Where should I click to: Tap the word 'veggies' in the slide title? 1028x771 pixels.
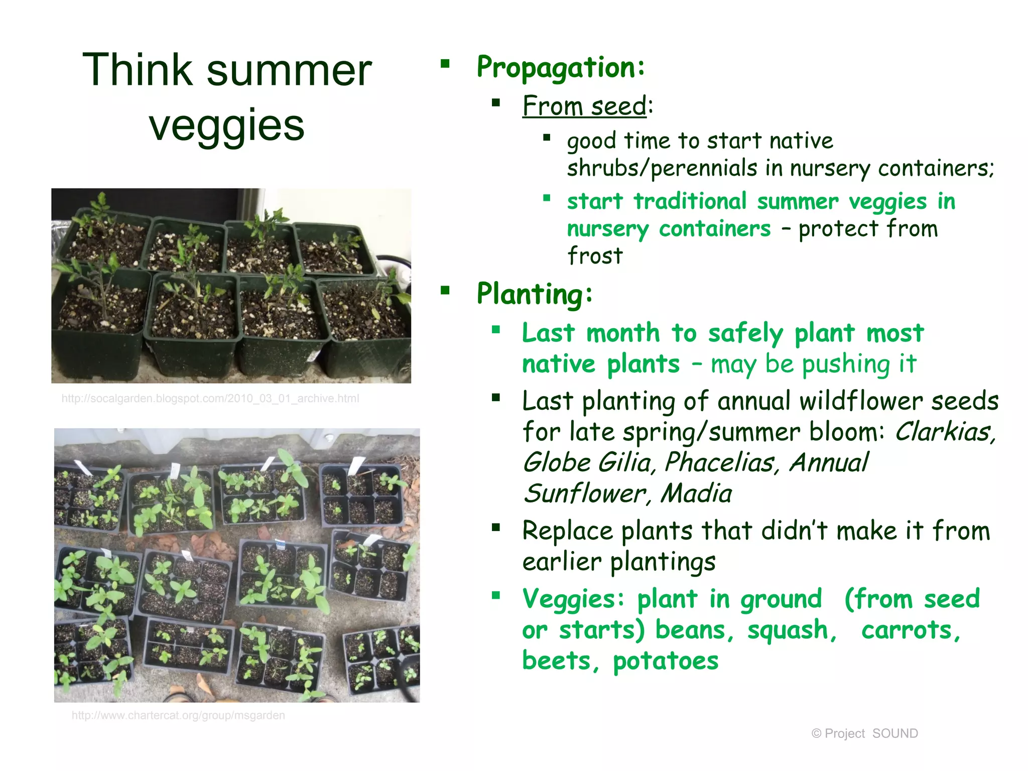[x=227, y=125]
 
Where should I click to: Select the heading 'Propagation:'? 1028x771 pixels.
[x=561, y=67]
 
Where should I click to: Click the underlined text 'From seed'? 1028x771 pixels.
[x=584, y=106]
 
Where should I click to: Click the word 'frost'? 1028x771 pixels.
[x=595, y=256]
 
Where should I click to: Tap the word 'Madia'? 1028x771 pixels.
[x=696, y=493]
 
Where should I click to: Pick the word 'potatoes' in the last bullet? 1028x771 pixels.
[x=666, y=661]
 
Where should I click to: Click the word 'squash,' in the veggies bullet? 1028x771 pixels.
[x=792, y=630]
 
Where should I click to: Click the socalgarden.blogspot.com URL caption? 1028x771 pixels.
[x=210, y=399]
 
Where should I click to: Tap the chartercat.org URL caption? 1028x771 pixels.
[x=178, y=715]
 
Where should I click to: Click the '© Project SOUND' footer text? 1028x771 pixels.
[x=864, y=733]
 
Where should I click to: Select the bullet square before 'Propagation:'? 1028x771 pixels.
[x=445, y=64]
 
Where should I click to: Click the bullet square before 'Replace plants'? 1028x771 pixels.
[x=496, y=527]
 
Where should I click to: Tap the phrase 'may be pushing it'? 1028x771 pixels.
[x=813, y=364]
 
